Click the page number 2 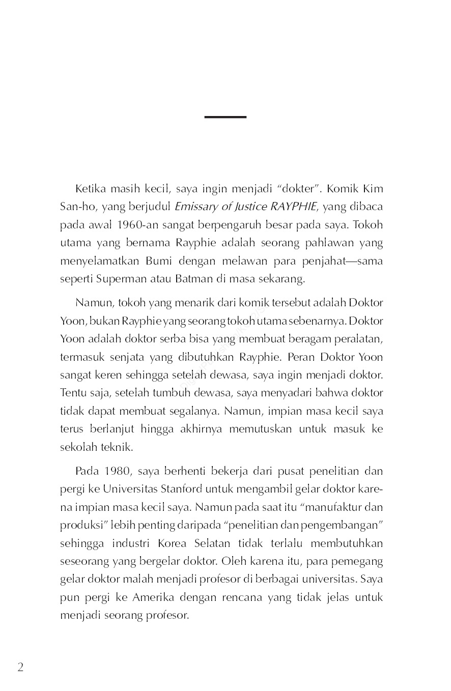point(20,668)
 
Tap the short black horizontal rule point(225,117)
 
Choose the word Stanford point(182,490)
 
